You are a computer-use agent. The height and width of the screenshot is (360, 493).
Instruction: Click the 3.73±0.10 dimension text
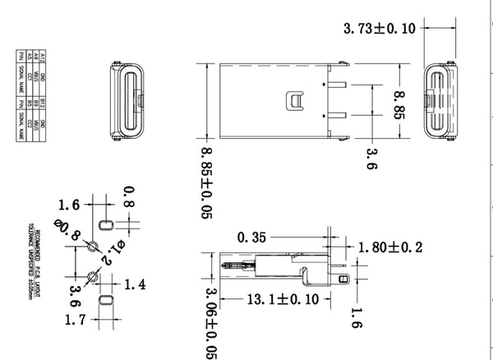[380, 28]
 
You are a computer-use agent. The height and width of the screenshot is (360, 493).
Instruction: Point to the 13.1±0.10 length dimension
[283, 300]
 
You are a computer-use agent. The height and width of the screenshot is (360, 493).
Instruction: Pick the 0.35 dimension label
[252, 238]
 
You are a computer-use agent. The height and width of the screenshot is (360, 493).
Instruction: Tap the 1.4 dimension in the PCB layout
[135, 284]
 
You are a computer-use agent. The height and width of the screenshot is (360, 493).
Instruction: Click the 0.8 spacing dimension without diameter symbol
[127, 195]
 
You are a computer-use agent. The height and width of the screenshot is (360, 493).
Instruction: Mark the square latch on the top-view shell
[294, 101]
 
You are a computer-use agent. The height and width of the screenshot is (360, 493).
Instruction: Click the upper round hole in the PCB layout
[93, 247]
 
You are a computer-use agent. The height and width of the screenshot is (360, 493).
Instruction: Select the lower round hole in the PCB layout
[93, 275]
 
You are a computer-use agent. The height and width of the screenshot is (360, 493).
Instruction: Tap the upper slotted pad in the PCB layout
[105, 224]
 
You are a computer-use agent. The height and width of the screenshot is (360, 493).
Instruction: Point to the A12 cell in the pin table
[21, 57]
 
